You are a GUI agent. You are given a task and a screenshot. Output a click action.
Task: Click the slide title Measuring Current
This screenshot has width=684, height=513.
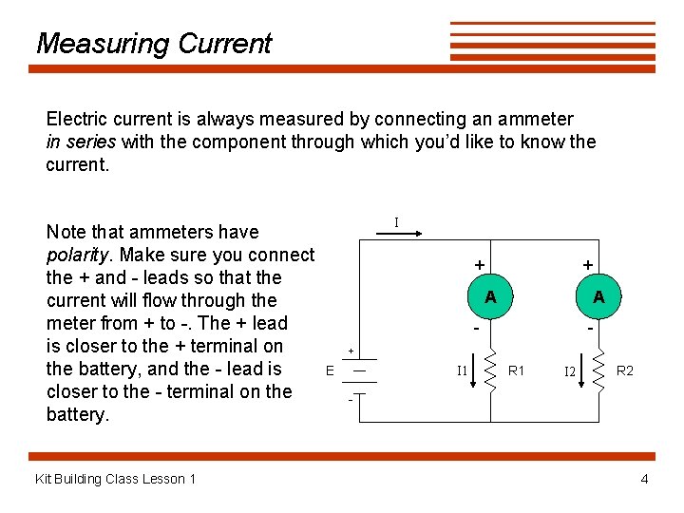pos(153,44)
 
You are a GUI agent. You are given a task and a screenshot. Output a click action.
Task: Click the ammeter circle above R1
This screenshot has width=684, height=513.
pos(490,297)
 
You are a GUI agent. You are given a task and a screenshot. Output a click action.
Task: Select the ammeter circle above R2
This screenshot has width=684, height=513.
pos(598,297)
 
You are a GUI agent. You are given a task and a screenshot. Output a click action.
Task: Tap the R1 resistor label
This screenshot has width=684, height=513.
pos(518,370)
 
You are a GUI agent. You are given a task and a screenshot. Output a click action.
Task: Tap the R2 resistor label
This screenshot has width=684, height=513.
pos(625,370)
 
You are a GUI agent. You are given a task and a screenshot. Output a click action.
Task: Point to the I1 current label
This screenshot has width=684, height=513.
pos(462,370)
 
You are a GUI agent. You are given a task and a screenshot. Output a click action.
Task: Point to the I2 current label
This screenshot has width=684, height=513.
pos(570,371)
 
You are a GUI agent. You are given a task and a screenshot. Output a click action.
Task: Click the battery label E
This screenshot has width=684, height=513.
pos(330,370)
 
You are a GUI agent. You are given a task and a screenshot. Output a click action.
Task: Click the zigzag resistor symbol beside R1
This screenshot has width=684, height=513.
pos(491,370)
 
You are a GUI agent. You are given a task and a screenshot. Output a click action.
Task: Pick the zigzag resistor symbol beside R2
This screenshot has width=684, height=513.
pos(599,370)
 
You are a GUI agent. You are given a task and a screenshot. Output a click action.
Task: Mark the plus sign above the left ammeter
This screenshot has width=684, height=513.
pos(481,264)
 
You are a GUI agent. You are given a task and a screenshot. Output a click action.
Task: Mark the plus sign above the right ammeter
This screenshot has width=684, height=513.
pos(589,264)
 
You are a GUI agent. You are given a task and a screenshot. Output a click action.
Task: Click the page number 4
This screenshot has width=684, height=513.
pos(644,479)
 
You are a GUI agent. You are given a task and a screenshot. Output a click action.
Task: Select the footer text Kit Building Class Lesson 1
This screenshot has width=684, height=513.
pos(115,479)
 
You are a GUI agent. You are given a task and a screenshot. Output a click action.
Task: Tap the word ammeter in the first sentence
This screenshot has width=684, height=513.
pos(535,119)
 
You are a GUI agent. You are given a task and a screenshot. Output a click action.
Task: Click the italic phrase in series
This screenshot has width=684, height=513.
pos(81,142)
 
